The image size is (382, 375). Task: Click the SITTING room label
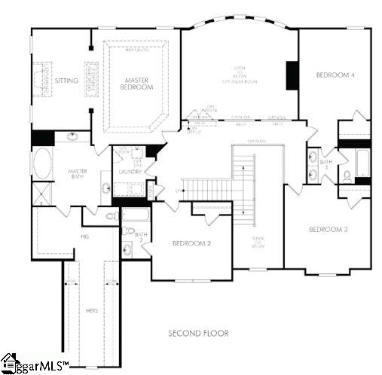coord(67,80)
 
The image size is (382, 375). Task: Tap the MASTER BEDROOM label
coord(138,83)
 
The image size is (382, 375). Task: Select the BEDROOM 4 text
coord(335,75)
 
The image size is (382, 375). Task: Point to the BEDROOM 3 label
coord(328,229)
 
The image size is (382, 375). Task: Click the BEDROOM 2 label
coord(191,243)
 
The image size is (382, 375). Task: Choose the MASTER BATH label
coord(77,175)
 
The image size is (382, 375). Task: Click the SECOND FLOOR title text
coord(199,332)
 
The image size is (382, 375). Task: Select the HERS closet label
coord(90,310)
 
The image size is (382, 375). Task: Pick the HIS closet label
coord(84,236)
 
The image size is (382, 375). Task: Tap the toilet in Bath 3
coord(347,175)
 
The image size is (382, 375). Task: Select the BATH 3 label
coord(325,163)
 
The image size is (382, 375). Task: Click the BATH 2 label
coord(140,237)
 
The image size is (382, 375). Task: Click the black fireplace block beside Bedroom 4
coord(292,75)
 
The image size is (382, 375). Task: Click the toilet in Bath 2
coord(127,248)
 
